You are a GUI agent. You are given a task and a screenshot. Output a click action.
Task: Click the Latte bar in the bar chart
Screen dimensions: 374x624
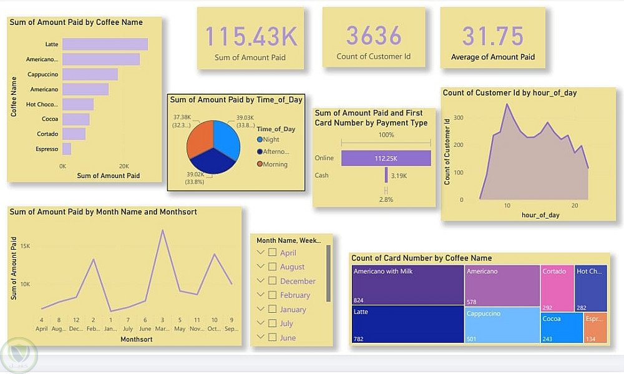coord(105,44)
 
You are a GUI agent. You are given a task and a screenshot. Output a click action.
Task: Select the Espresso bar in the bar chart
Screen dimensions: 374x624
coord(67,149)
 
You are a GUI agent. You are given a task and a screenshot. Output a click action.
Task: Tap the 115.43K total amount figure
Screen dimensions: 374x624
coord(251,36)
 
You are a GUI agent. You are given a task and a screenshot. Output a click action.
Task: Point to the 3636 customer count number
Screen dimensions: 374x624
coord(374,36)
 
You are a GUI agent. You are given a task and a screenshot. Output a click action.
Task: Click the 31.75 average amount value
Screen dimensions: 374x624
coord(493,36)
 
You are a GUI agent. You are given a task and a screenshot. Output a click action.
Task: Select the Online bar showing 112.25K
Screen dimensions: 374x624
coord(386,158)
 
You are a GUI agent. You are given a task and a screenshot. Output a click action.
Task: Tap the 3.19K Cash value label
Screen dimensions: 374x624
coord(399,176)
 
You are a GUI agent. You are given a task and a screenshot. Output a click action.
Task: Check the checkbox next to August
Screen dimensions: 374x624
coord(272,267)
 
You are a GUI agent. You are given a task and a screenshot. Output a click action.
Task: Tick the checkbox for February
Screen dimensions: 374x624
coord(272,295)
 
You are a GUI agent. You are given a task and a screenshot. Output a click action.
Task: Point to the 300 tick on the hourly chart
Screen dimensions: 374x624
coord(458,117)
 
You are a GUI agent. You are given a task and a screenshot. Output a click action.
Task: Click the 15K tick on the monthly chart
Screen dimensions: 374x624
coord(26,246)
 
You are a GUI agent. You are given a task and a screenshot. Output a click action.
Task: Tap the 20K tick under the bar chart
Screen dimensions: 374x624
coord(124,166)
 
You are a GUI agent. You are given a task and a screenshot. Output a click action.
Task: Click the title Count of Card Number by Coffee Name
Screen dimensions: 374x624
coord(421,258)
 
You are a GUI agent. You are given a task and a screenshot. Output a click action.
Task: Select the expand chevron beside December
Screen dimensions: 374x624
coord(261,281)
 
